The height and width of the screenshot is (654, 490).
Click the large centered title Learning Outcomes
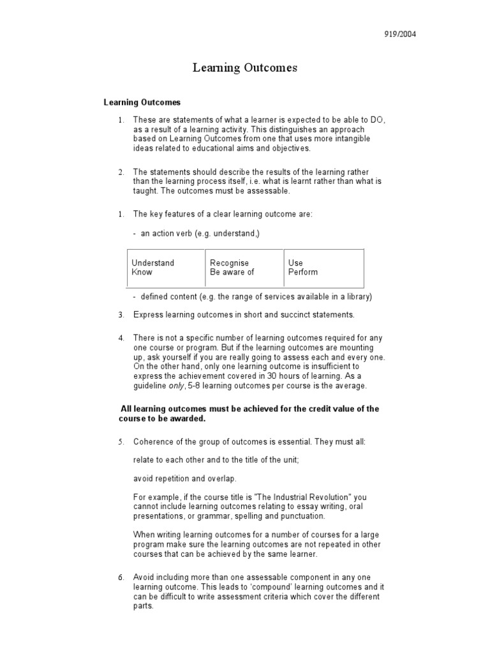tap(245, 68)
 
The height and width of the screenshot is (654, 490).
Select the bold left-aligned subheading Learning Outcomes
tap(142, 102)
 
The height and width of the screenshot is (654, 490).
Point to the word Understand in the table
tap(152, 263)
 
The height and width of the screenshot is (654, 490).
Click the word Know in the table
tap(142, 272)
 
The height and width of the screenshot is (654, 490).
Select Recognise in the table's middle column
tap(229, 263)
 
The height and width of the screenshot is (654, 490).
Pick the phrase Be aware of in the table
tap(232, 272)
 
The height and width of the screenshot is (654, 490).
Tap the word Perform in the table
tap(302, 272)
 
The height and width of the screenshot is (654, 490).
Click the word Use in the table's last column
tap(295, 263)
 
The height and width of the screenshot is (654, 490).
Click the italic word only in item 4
tap(176, 386)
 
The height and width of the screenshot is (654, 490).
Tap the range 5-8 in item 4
tap(194, 386)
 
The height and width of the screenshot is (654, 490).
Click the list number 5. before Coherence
tap(121, 442)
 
